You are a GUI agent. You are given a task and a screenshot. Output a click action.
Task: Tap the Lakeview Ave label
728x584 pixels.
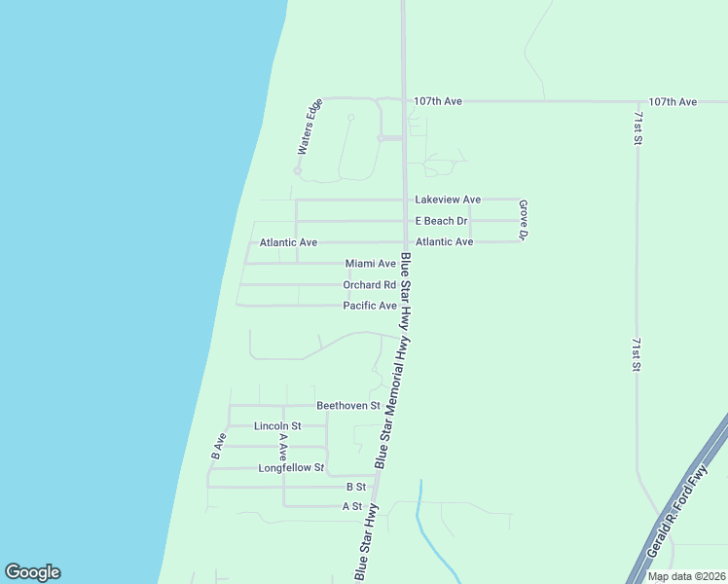(448, 200)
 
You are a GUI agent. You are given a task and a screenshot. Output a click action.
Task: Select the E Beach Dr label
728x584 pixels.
(441, 221)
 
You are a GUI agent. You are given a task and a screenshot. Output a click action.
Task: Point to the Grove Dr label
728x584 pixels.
(523, 221)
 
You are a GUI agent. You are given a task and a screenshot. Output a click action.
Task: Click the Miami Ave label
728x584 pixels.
(371, 264)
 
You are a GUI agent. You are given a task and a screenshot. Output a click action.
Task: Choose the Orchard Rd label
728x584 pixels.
(369, 285)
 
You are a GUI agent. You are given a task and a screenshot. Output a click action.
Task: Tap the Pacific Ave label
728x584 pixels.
(370, 306)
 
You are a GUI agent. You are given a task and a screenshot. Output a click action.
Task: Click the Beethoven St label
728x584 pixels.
(347, 405)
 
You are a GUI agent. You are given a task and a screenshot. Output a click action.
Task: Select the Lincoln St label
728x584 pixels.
(277, 426)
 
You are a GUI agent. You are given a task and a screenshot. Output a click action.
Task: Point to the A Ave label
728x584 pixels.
(283, 446)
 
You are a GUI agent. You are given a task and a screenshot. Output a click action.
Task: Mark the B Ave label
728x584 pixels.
(218, 446)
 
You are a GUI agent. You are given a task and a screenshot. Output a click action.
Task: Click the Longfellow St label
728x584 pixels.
(290, 468)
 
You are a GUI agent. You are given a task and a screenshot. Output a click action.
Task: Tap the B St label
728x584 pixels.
(355, 487)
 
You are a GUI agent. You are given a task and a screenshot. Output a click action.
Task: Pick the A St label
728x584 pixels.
(351, 507)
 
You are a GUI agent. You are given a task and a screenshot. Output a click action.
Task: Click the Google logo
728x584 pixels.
(32, 572)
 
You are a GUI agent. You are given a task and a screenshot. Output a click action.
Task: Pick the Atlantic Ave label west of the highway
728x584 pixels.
(288, 242)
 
